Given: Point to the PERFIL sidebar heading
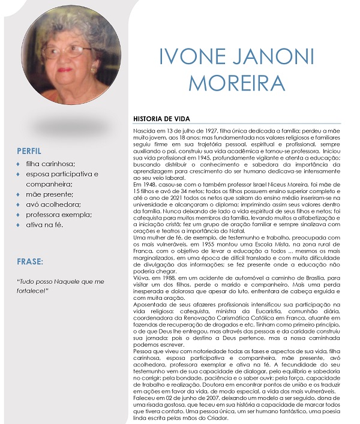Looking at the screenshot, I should pos(29,150).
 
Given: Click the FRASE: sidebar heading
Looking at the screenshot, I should pos(30,261).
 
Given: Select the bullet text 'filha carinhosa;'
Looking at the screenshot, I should pos(55,164).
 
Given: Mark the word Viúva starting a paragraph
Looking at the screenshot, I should pos(141,277).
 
